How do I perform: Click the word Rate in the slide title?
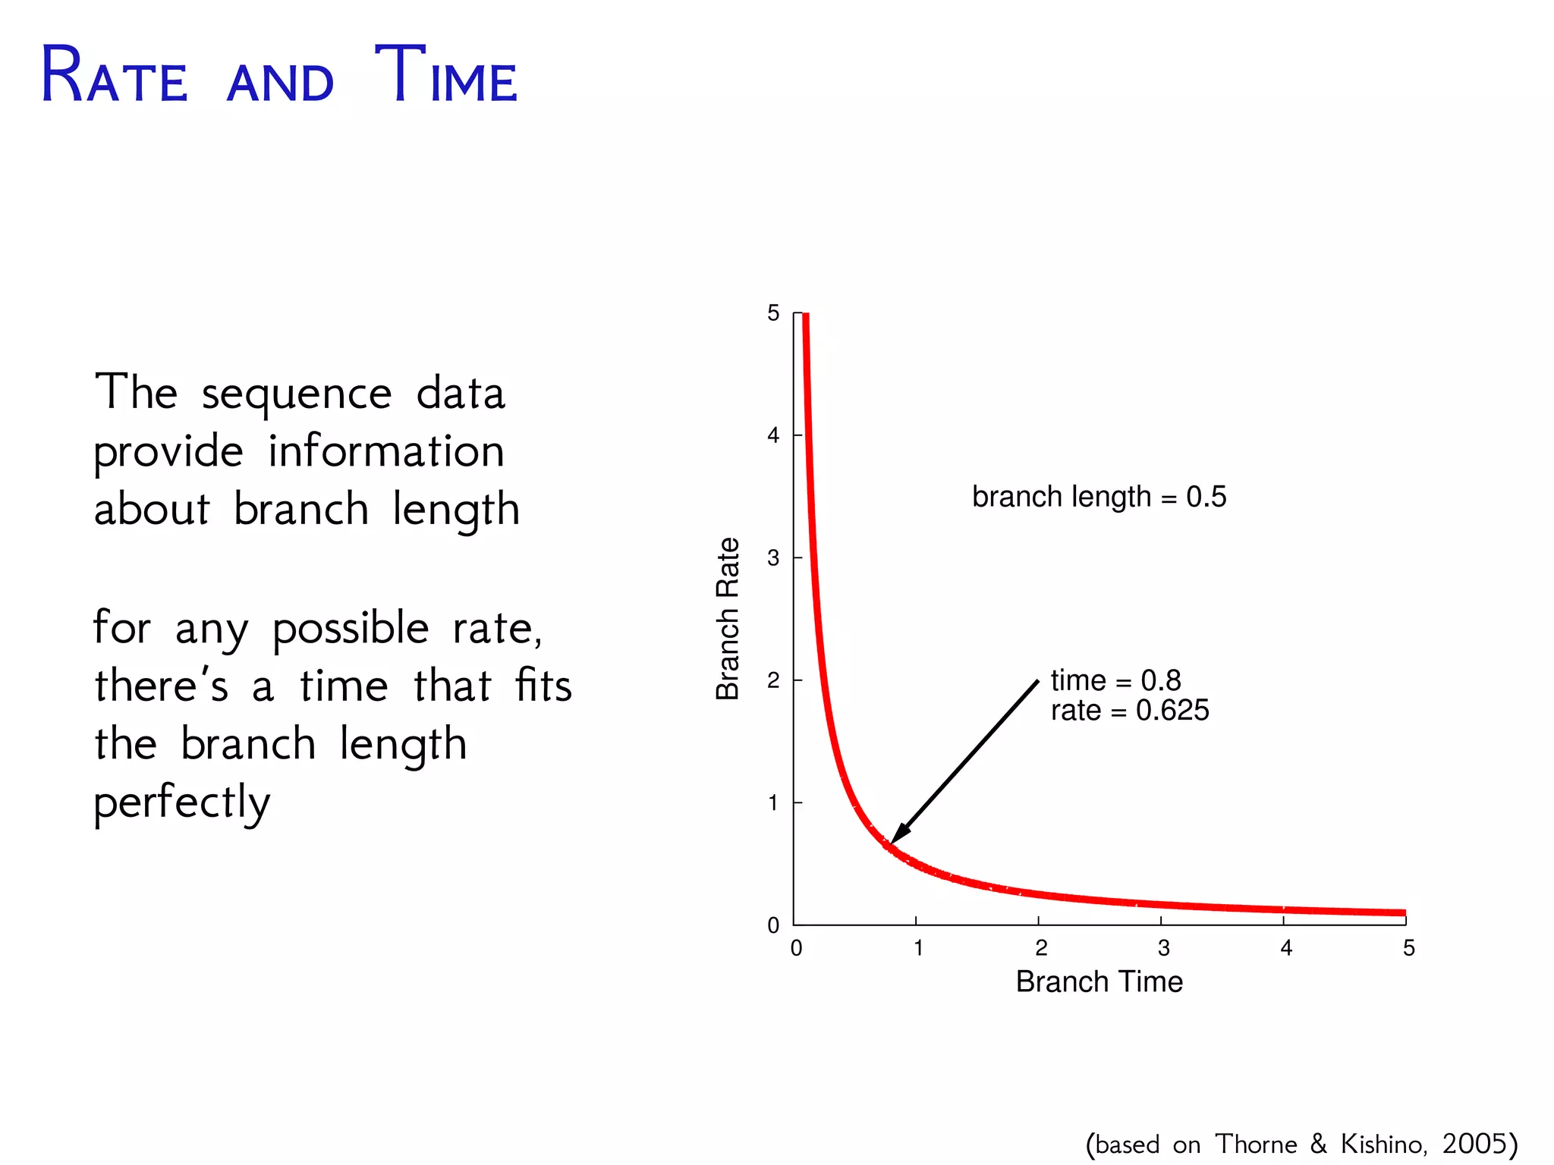114,76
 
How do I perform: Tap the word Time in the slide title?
446,76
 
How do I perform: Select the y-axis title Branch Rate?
728,618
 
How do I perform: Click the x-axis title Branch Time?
1099,981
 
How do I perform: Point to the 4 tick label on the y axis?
773,435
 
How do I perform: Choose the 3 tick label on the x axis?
1163,948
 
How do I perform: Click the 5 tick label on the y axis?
773,313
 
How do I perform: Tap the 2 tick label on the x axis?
1041,948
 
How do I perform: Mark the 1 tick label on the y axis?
773,802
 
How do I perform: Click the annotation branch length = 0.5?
1099,497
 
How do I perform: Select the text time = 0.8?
1115,680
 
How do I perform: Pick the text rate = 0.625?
1129,711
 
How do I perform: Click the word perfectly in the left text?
182,802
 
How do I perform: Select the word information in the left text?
386,452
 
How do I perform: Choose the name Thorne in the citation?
1256,1143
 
